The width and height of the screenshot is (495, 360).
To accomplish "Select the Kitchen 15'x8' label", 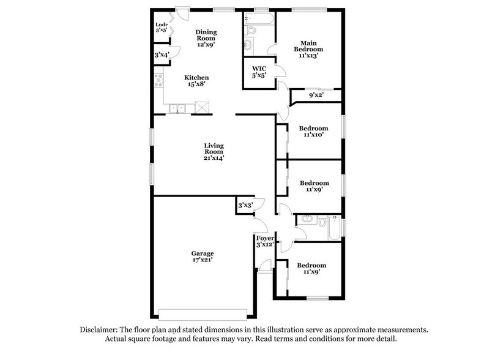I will click(x=197, y=81).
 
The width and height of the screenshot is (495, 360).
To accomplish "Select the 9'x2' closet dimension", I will click(x=316, y=95).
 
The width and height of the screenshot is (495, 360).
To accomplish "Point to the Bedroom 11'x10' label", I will click(x=313, y=132).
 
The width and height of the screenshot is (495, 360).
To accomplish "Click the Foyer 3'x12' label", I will click(x=264, y=241).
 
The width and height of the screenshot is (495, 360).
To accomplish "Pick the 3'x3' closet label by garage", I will click(x=245, y=205).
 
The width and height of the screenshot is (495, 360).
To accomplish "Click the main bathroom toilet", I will click(x=250, y=29).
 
